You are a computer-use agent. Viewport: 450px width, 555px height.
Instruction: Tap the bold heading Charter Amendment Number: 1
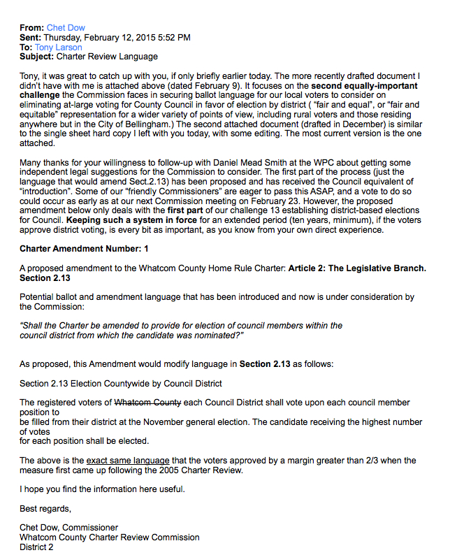click(x=84, y=248)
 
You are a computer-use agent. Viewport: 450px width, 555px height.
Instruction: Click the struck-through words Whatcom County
click(x=147, y=403)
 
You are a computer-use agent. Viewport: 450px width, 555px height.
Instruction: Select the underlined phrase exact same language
click(x=128, y=460)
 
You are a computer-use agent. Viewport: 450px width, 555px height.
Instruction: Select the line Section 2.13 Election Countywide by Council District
click(x=120, y=383)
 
